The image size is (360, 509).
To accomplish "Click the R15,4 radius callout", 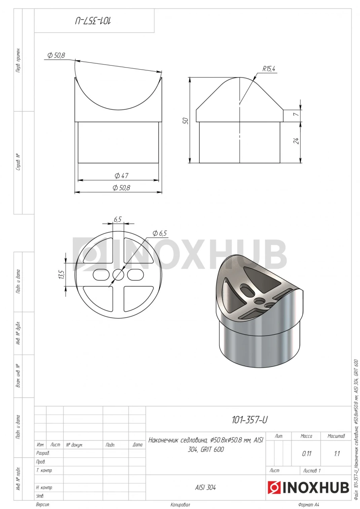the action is point(269,69).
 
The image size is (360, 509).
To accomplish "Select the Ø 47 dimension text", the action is point(121,175).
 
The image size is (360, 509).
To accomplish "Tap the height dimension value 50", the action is point(185,120).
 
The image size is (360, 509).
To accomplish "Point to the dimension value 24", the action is point(296,141).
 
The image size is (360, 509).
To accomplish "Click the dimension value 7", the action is point(296,114).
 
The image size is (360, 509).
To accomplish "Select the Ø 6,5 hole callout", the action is point(160,233).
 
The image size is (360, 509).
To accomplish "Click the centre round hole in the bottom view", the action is point(118,275).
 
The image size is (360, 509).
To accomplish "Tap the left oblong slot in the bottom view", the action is point(101,275).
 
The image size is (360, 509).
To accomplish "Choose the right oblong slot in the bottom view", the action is point(136,275).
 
